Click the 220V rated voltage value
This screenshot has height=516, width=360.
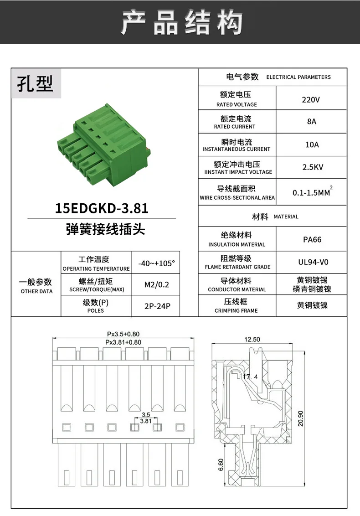point(311,99)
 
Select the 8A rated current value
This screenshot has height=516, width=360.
point(311,122)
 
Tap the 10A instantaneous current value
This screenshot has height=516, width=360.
point(312,145)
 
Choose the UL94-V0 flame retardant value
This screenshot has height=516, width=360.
point(312,262)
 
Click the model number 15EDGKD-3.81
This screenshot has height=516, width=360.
point(102,208)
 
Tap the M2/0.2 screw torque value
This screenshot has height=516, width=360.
point(156,285)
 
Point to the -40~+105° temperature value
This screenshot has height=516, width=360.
point(156,264)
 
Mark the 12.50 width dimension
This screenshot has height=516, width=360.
point(252,340)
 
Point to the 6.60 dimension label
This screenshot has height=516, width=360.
point(221,464)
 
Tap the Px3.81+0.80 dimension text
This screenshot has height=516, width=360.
point(123,342)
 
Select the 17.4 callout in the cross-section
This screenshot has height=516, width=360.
point(250,377)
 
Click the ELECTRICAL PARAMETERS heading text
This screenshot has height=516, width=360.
point(298,77)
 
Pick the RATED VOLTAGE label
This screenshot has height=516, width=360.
point(237,104)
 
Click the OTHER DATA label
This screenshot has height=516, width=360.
point(36,291)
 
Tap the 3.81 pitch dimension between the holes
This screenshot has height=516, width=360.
point(145,421)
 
